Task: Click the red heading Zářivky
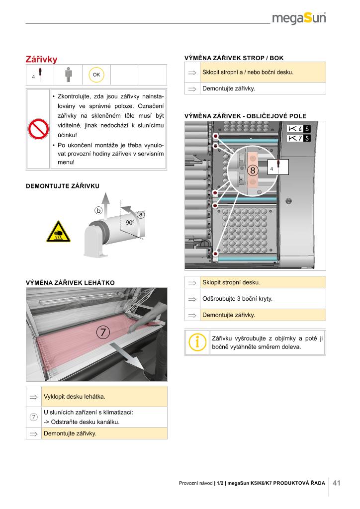(x=42, y=60)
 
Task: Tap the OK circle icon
(x=96, y=75)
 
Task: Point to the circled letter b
(x=98, y=211)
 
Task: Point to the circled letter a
(x=141, y=214)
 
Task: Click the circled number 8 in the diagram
(x=253, y=170)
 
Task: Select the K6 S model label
(x=299, y=129)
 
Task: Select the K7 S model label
(x=299, y=138)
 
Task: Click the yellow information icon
(x=197, y=341)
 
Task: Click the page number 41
(x=337, y=483)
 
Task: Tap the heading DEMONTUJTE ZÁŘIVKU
(x=63, y=186)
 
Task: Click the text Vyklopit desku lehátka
(x=75, y=397)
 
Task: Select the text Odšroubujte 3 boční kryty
(x=237, y=299)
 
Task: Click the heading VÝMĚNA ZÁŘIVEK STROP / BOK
(x=234, y=58)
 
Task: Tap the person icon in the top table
(x=68, y=75)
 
